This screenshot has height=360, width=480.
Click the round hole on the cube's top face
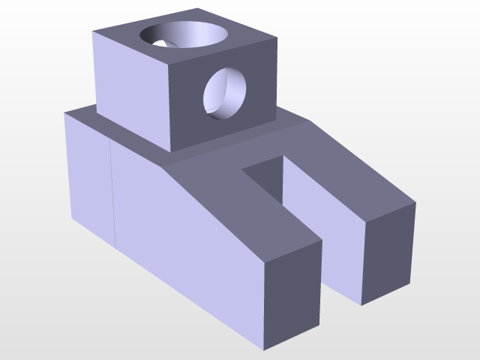point(184,36)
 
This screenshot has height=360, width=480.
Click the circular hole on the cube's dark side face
point(226,93)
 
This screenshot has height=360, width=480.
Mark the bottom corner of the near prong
point(264,350)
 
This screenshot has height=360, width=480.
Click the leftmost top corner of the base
point(64,113)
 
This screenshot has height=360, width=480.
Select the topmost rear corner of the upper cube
point(198,8)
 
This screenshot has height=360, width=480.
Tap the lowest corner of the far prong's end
point(361,305)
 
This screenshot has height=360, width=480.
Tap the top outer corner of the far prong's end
point(415,201)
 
